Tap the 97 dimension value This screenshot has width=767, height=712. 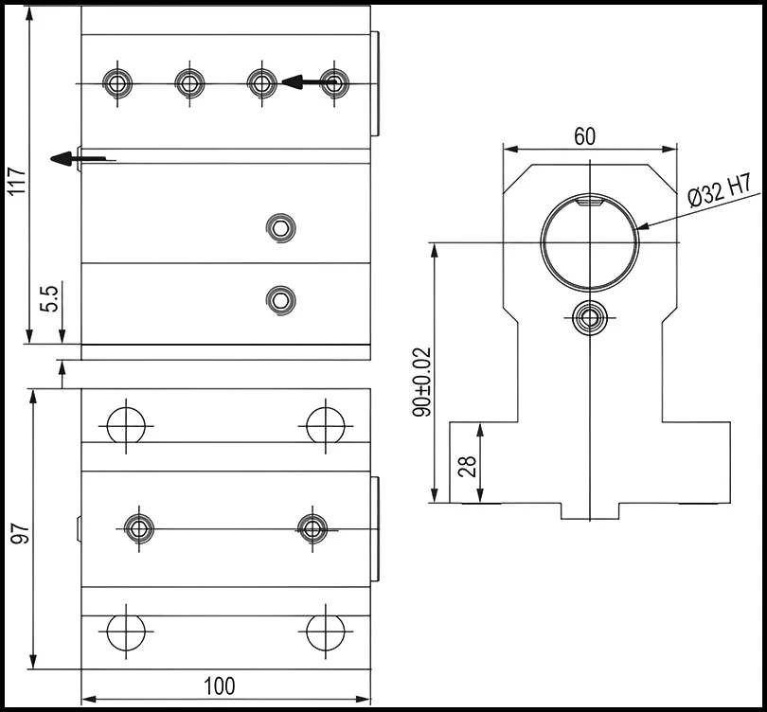[16, 532]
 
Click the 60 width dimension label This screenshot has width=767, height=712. [584, 136]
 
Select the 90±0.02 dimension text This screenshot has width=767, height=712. [422, 382]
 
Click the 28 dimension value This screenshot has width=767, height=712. [467, 466]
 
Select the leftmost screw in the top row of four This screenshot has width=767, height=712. [117, 83]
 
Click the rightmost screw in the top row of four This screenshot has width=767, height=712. [333, 83]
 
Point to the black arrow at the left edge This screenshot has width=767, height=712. [63, 158]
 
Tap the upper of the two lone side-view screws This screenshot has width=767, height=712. [281, 227]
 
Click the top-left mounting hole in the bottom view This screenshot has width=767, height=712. [125, 425]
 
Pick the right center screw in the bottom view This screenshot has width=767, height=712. [312, 527]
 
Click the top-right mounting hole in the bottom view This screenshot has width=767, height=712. [325, 425]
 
